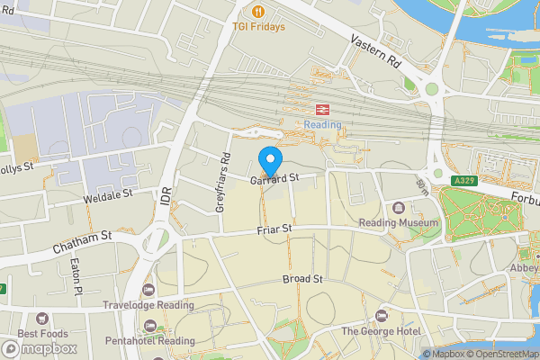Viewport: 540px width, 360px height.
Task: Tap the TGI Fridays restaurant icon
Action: (x=258, y=12)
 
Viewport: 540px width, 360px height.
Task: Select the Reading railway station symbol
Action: (x=323, y=108)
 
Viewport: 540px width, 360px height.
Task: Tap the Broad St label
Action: (x=302, y=279)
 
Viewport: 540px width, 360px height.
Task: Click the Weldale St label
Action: (x=107, y=193)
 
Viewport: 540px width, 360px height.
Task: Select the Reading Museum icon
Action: (x=399, y=207)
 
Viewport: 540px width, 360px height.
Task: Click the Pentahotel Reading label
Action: (x=149, y=341)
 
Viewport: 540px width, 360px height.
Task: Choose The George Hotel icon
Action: (x=382, y=316)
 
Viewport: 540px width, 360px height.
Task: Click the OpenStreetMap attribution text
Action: (x=501, y=354)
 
